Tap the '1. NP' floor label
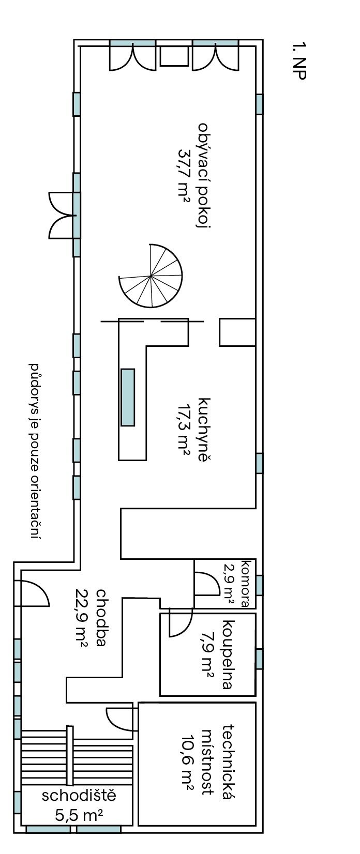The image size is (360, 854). (299, 60)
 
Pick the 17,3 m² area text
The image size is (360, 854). (185, 430)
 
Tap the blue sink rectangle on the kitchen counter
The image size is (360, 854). (128, 397)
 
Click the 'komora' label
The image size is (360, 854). (246, 583)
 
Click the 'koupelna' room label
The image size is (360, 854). (228, 654)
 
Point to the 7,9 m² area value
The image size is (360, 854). (208, 654)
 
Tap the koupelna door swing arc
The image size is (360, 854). (181, 622)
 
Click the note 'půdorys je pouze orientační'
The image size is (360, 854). (36, 451)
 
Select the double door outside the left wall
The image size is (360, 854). (62, 216)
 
